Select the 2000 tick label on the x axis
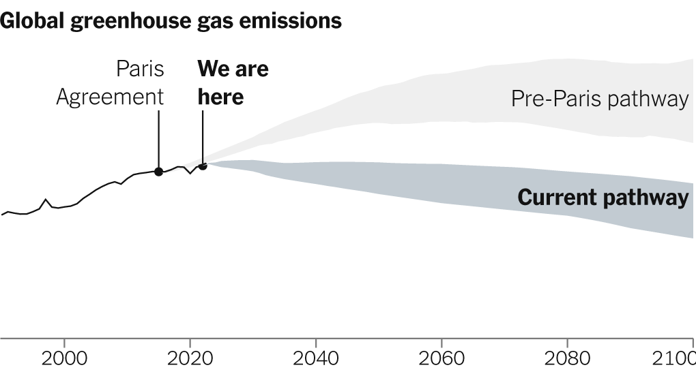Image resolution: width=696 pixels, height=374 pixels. click(x=63, y=358)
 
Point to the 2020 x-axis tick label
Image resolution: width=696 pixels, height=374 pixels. click(x=190, y=358)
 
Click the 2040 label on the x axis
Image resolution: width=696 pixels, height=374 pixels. click(x=316, y=358)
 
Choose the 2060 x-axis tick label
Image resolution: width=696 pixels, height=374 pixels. click(x=441, y=358)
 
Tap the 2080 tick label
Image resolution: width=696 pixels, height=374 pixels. click(x=567, y=358)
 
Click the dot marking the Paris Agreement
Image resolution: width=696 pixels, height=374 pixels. click(x=158, y=172)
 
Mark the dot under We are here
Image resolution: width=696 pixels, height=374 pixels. click(x=203, y=166)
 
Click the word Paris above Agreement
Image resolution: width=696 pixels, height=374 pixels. click(x=140, y=69)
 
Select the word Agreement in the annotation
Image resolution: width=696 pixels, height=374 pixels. click(x=110, y=97)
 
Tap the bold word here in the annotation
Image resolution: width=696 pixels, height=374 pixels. click(x=220, y=97)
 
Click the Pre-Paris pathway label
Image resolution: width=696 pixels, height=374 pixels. click(x=600, y=99)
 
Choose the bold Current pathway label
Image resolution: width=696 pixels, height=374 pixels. click(x=603, y=198)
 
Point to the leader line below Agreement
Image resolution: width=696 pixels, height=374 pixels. click(x=158, y=140)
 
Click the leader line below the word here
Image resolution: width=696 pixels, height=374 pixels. click(x=203, y=136)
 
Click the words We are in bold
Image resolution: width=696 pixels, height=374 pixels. click(x=233, y=69)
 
